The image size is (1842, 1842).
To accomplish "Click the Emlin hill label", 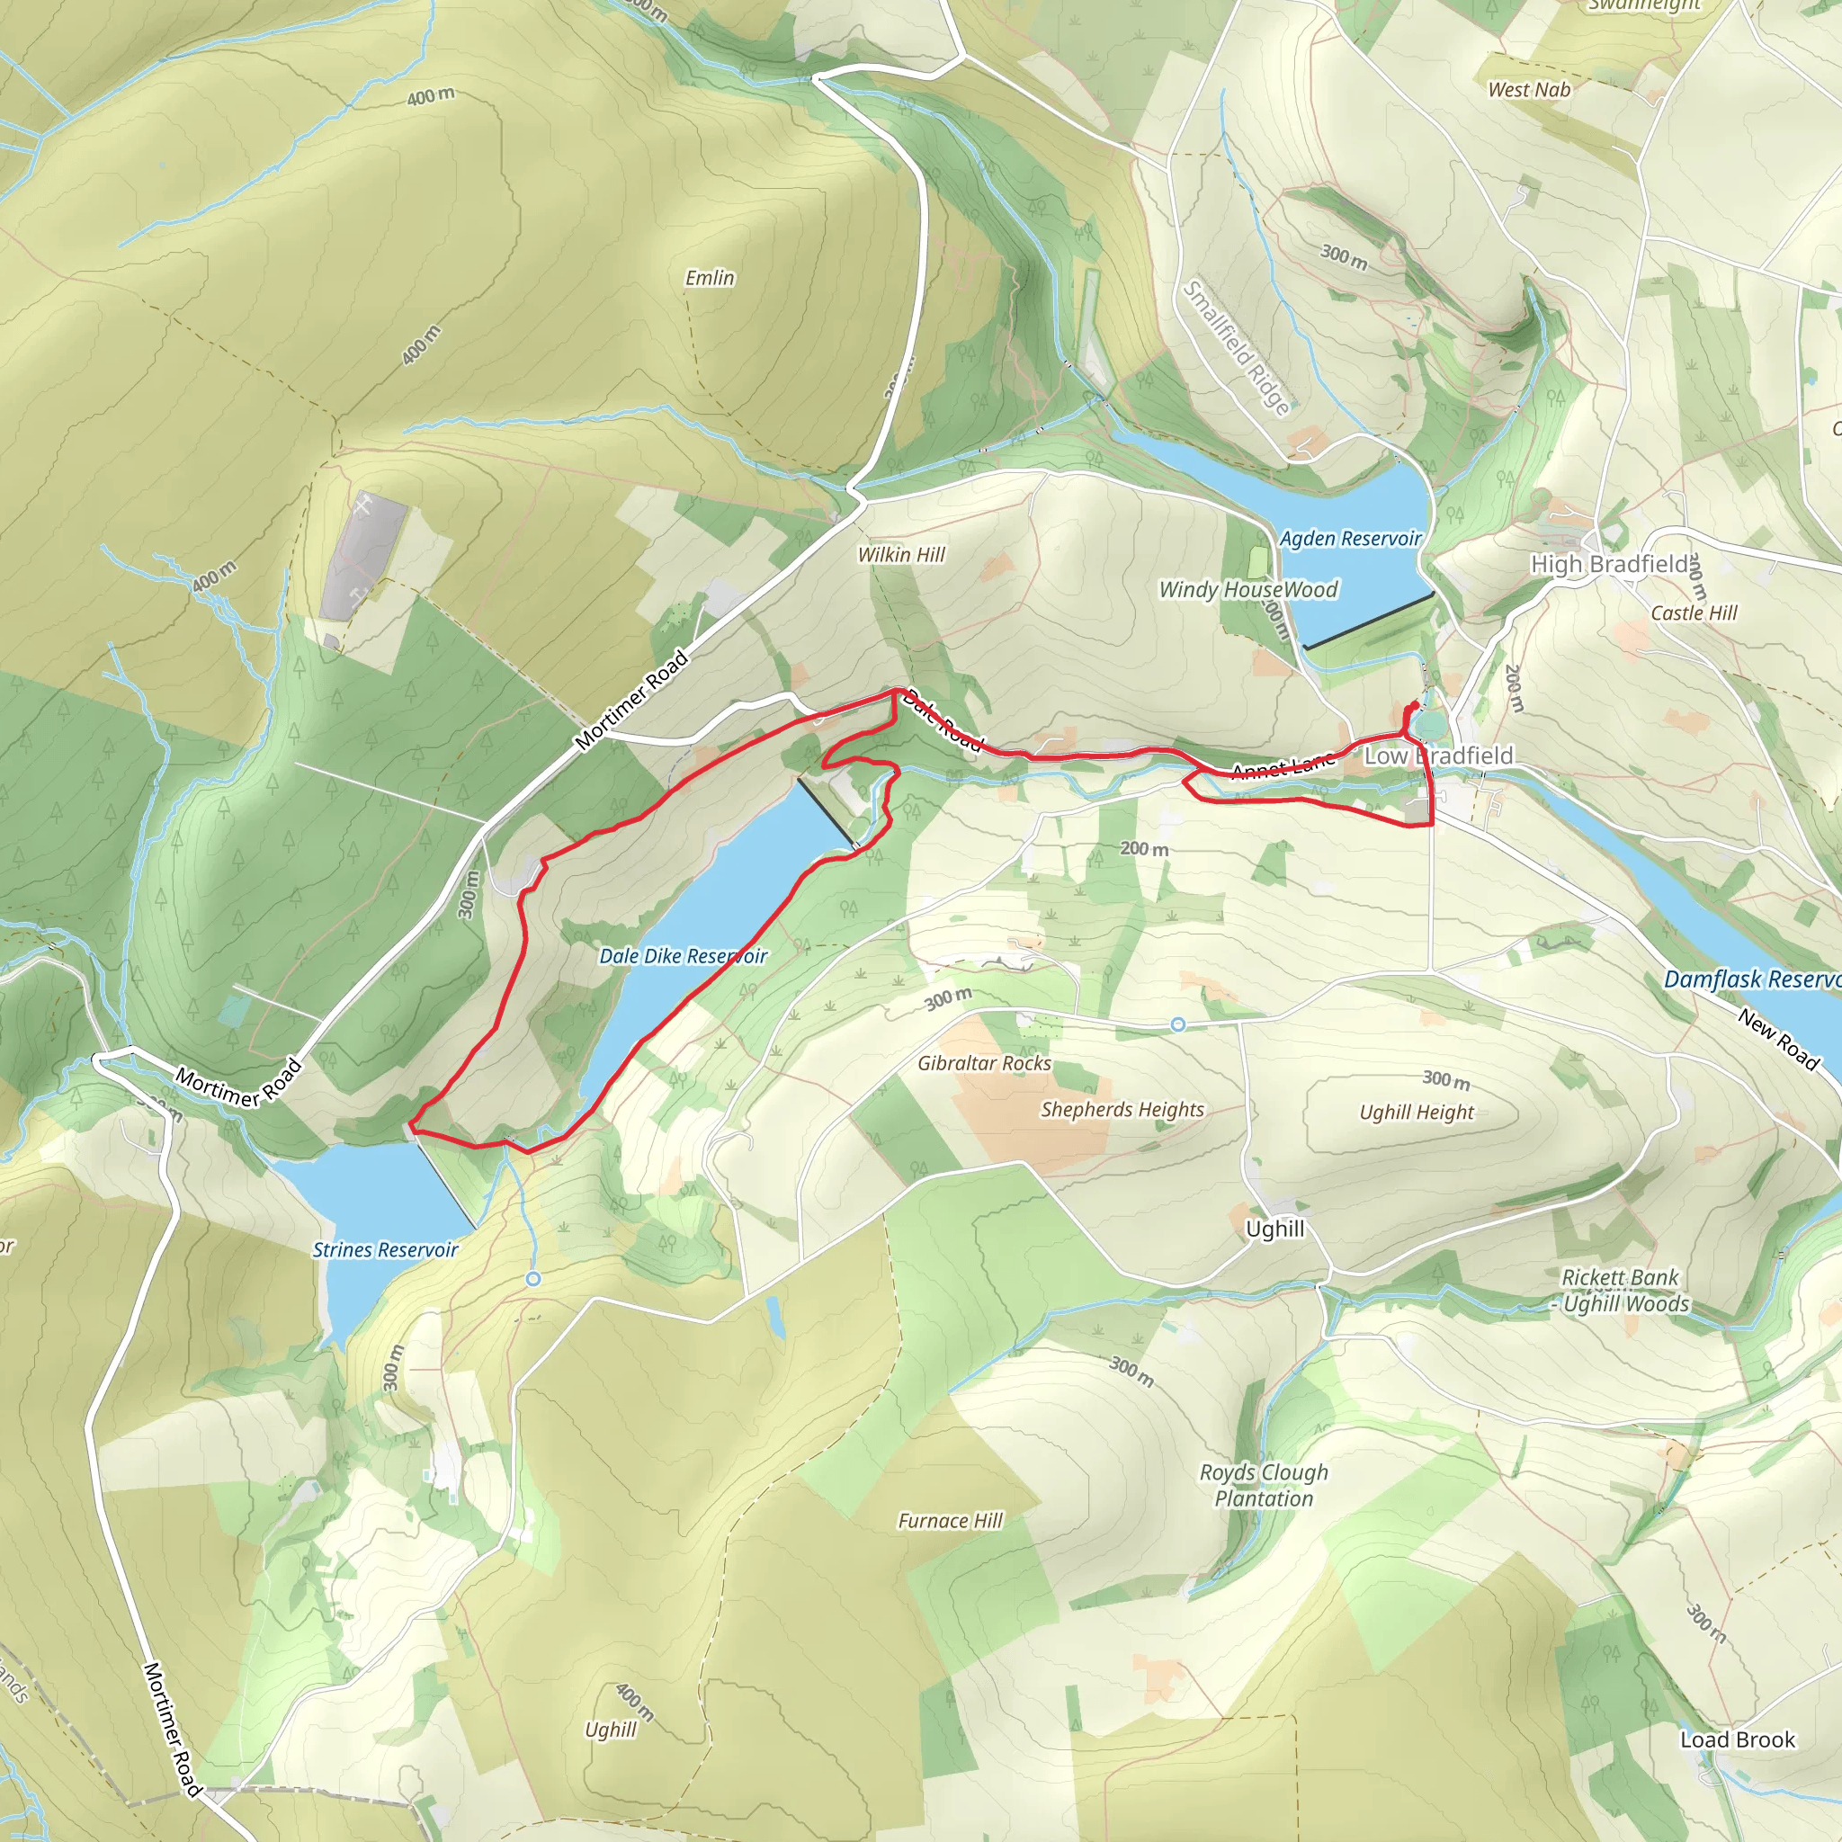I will pos(710,277).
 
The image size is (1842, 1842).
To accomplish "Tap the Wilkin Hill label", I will pos(901,555).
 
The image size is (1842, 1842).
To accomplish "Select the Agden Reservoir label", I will pos(1350,539).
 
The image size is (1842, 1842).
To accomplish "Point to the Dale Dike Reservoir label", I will pos(683,956).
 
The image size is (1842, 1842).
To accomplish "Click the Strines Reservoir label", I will pos(385,1250).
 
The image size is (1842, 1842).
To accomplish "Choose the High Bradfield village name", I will pos(1609,565).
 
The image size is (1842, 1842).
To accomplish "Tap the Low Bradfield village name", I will pos(1439,756).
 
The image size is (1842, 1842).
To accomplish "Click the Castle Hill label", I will pos(1694,613).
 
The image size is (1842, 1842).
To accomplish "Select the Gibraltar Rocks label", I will pos(984,1063).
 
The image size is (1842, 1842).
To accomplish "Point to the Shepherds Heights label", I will pos(1122,1110).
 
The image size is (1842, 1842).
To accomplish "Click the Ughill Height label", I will pos(1417,1113).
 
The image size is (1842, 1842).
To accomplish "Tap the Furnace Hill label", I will pos(950,1521).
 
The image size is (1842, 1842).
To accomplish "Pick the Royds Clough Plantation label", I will pos(1264,1486).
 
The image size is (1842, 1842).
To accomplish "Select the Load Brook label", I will pos(1737,1740).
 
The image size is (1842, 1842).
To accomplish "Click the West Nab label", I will pos(1529,90).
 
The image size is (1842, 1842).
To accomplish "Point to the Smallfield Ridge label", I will pos(1237,347).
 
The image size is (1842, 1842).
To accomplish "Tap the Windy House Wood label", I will pos(1248,590).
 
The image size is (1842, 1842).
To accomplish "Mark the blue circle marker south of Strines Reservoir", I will pos(533,1279).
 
